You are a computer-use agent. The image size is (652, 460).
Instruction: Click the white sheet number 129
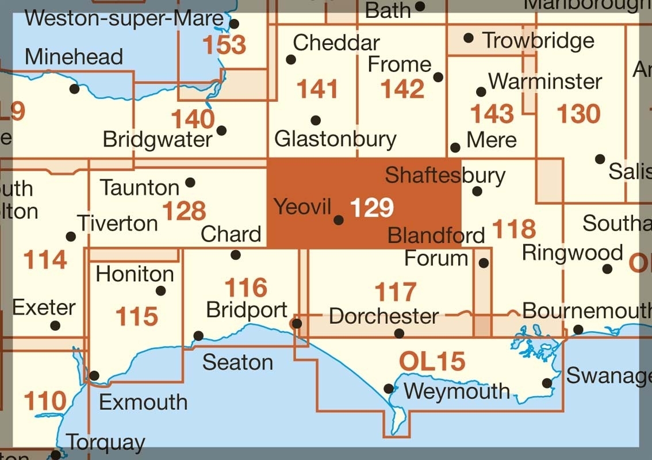pos(372,208)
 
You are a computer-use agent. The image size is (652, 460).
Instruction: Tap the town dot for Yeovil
pos(339,220)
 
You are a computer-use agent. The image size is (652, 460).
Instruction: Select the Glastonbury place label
pos(335,139)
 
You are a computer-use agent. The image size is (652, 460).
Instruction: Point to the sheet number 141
pos(316,90)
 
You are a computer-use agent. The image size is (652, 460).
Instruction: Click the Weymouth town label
pos(457,392)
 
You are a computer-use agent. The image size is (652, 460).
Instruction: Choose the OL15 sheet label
pos(432,361)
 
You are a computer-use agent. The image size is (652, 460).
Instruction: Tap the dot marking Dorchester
pos(399,333)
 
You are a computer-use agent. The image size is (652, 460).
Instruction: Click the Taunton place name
pos(140,187)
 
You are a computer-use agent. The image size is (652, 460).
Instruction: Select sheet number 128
pos(184,211)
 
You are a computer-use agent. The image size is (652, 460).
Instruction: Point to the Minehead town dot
pos(74,89)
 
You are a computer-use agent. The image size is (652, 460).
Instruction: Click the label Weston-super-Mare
pos(124,18)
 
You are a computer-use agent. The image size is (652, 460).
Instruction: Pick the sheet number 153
pos(224,45)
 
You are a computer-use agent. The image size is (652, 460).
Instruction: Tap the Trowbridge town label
pos(538,40)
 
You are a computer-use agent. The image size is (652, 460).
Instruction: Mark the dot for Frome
pos(438,77)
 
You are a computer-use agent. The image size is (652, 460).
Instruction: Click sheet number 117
pos(396,292)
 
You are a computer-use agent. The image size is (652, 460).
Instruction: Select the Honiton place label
pos(135,274)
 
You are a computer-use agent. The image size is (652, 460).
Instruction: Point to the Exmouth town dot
pos(95,375)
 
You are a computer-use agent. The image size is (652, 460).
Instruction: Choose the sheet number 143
pos(492,114)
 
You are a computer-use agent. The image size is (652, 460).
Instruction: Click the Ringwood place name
pos(572,252)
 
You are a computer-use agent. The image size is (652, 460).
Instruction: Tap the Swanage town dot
pos(547,383)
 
